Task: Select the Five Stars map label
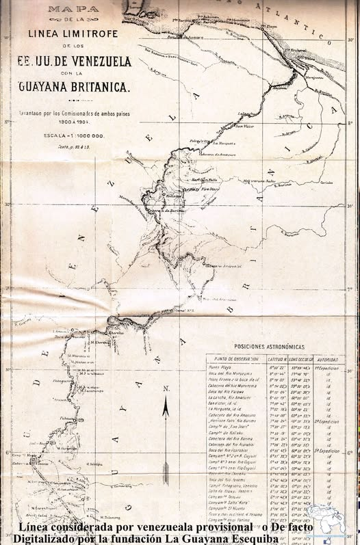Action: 209,188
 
